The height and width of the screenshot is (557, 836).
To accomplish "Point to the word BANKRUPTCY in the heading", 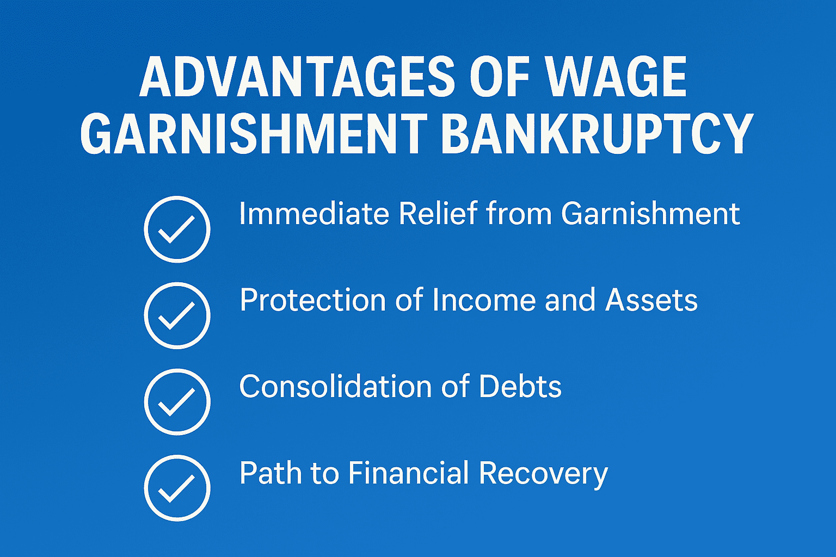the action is [597, 134].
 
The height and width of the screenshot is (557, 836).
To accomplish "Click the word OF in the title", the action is [500, 77].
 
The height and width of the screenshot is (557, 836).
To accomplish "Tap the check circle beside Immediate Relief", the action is [177, 229].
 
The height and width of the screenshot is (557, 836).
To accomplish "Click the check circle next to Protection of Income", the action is [177, 315].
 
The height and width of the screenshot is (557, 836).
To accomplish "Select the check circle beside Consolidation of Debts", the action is [177, 402].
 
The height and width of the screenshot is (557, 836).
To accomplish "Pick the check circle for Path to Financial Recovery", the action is [177, 488].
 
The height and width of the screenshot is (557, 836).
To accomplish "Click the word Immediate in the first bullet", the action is [314, 213].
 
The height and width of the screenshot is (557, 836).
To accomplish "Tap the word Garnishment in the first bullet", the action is [650, 213].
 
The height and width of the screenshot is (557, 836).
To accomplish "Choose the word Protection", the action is [313, 300].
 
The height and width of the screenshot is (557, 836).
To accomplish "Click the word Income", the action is [484, 300].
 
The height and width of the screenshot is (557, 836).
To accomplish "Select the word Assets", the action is [651, 300].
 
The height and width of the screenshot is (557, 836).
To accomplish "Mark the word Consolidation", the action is [335, 386].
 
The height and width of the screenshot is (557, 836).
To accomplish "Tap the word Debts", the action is [520, 386].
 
